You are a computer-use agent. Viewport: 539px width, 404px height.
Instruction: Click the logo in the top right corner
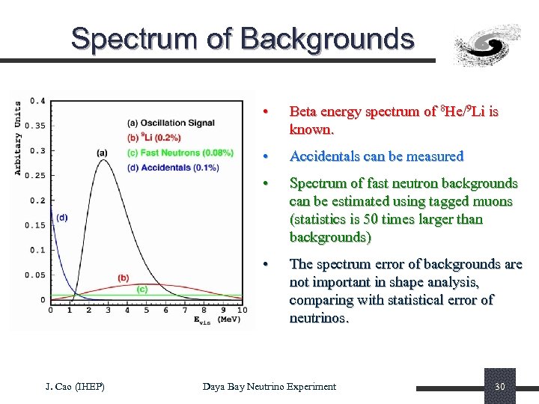tap(487, 45)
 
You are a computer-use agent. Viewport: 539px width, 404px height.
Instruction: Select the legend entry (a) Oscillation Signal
tap(171, 123)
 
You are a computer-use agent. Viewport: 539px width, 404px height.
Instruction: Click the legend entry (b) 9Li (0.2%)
tap(154, 138)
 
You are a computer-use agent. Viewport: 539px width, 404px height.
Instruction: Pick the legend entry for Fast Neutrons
tap(180, 153)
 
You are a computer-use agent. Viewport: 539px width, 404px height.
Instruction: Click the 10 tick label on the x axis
tap(242, 310)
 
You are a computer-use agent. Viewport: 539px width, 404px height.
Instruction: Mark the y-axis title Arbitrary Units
tap(18, 139)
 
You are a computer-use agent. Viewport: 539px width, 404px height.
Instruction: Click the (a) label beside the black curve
tap(102, 153)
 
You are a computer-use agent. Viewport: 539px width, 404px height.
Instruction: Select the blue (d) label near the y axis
tap(61, 218)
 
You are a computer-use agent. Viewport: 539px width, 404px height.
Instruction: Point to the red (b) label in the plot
tap(123, 278)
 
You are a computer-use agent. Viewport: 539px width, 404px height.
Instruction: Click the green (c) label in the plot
tap(141, 289)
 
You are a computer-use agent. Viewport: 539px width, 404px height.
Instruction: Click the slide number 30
tap(499, 387)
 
